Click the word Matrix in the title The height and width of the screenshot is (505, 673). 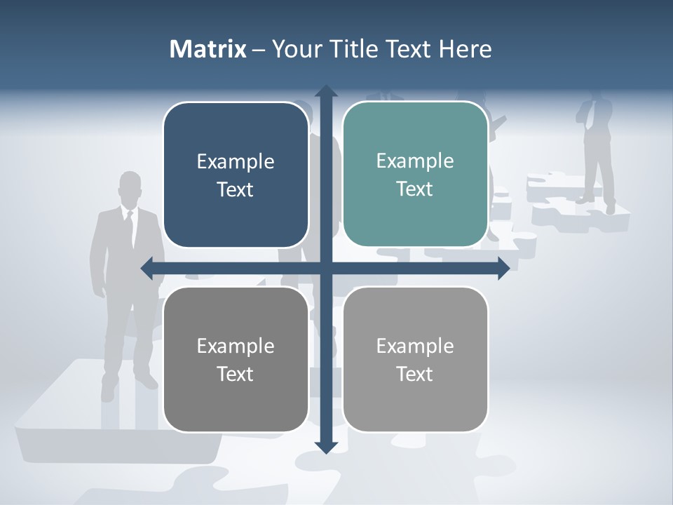point(208,49)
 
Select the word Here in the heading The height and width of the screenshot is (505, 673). point(465,49)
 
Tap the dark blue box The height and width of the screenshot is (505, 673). point(236,175)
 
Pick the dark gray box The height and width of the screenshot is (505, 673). point(236,359)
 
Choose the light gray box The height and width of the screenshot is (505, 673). point(415,359)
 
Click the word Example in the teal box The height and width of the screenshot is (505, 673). point(415,161)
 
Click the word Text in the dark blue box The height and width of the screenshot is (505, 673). point(236,189)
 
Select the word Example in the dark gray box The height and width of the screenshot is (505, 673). point(236,346)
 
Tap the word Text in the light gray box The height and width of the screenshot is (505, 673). point(415,374)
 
